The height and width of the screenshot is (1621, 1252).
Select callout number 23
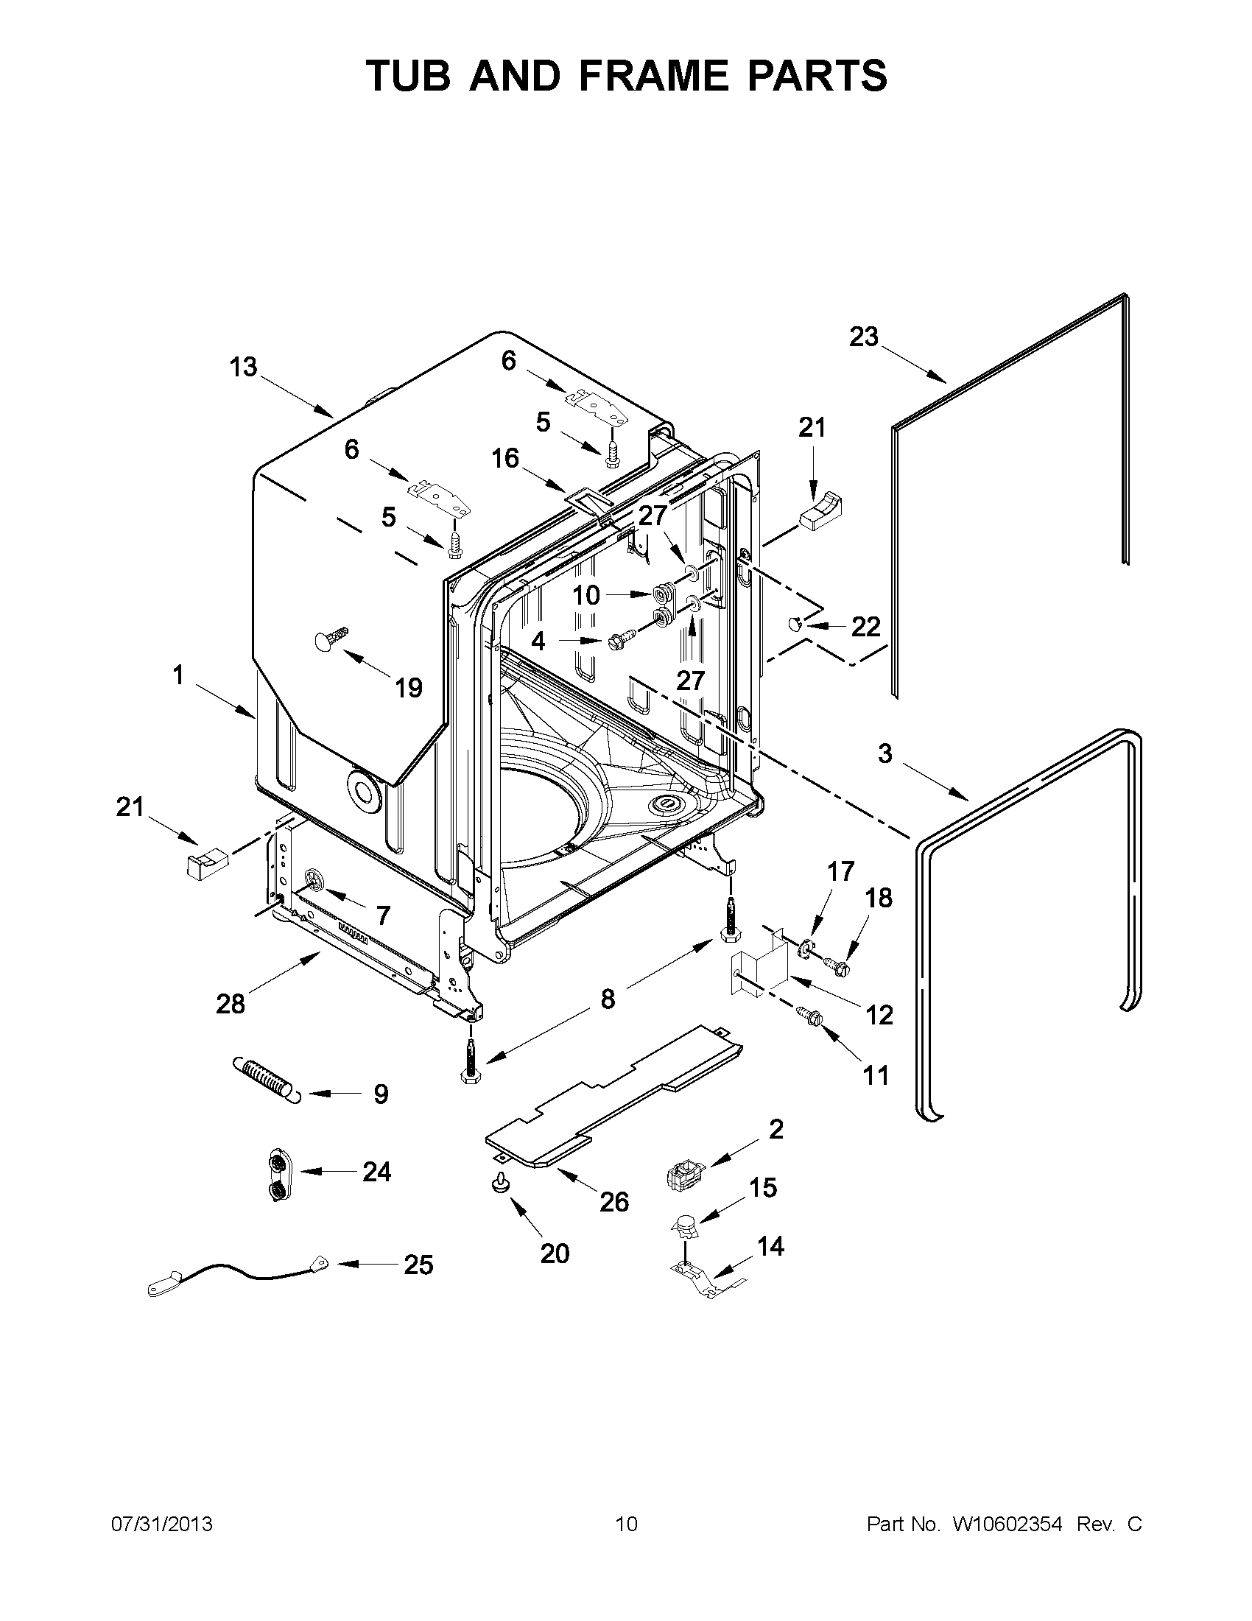point(863,337)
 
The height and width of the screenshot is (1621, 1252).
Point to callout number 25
point(418,1265)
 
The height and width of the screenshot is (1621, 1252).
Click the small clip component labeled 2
point(684,1174)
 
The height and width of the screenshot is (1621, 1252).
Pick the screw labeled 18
point(838,964)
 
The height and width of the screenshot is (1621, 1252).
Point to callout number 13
point(243,367)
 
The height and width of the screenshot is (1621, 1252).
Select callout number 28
point(230,1005)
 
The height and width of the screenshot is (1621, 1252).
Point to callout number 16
point(504,458)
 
